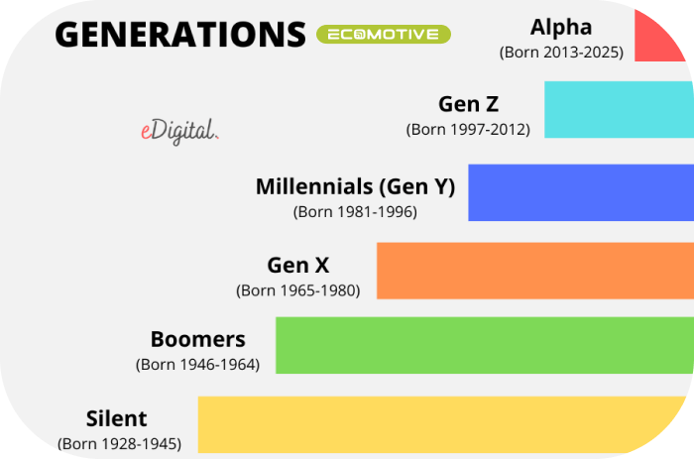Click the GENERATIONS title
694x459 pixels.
click(180, 35)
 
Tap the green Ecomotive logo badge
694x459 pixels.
click(384, 35)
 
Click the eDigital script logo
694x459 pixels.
click(179, 131)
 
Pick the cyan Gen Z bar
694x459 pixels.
click(619, 109)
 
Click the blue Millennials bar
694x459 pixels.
click(581, 192)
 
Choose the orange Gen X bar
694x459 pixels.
click(535, 271)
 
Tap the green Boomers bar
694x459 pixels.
click(485, 345)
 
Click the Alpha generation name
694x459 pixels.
click(561, 28)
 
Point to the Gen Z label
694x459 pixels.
click(468, 104)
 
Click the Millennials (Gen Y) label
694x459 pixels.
click(355, 186)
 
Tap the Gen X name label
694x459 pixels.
click(297, 265)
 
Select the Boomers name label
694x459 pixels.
click(198, 339)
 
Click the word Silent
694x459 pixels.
click(116, 418)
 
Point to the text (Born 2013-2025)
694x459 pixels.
click(561, 53)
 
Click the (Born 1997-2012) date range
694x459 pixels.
click(468, 130)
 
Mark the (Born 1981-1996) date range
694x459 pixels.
click(355, 212)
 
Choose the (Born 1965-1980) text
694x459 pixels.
click(297, 290)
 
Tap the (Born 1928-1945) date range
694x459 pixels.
click(120, 444)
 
